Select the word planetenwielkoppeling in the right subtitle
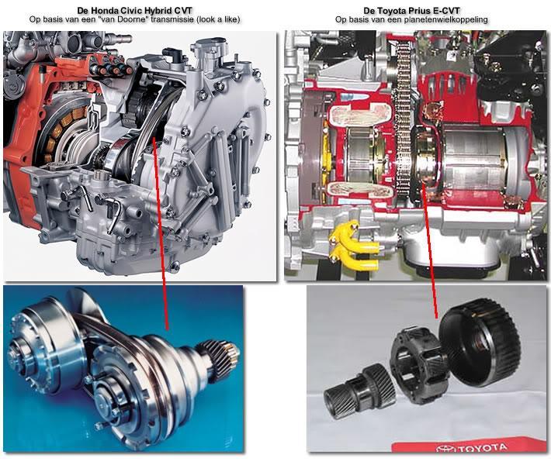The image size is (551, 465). point(446,19)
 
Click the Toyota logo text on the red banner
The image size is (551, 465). point(472,447)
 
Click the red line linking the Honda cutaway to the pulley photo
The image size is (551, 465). point(161,234)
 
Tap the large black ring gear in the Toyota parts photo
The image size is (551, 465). point(480,342)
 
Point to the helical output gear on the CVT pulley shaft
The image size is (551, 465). point(219,359)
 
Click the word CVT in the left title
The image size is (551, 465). point(184,11)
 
